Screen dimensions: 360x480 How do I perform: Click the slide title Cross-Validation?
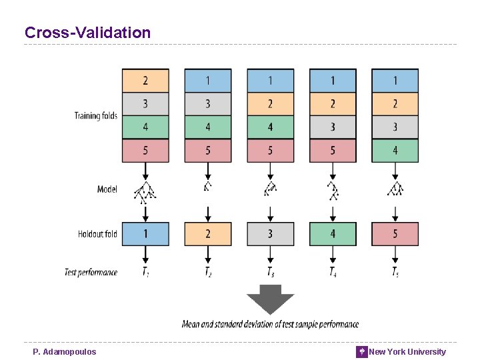(87, 32)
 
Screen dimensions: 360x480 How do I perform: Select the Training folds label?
(95, 115)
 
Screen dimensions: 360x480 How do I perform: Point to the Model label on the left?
(107, 189)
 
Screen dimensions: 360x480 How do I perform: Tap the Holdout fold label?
(97, 234)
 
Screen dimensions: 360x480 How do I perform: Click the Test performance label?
(91, 272)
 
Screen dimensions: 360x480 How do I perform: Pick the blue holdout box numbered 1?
(145, 234)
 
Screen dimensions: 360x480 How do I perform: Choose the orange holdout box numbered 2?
(207, 234)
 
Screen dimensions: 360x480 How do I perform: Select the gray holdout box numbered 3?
(270, 234)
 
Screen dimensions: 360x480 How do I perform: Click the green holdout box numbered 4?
(333, 234)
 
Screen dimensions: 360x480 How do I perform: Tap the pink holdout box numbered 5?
(395, 234)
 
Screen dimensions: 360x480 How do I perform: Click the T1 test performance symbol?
(145, 271)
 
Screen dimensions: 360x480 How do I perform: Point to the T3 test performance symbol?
(270, 271)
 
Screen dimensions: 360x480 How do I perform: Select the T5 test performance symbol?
(395, 271)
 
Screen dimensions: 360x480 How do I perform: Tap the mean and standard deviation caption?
(270, 325)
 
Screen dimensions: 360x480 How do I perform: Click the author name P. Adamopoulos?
(64, 351)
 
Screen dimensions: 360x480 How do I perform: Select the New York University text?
(407, 351)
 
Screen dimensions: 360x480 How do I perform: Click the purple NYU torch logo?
(362, 351)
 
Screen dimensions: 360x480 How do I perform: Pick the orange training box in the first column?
(145, 81)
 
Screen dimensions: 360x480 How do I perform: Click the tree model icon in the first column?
(145, 191)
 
